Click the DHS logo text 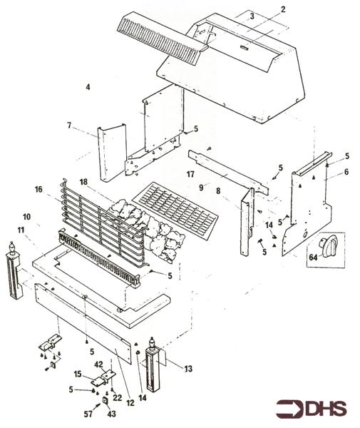tap(325, 409)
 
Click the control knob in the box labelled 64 tap(329, 248)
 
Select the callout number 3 tap(252, 15)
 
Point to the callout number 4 tap(88, 86)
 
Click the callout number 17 tap(190, 173)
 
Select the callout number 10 tap(26, 216)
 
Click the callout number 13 tap(188, 369)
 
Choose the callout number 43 tap(111, 414)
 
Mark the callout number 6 tap(346, 172)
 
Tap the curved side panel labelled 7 tap(112, 153)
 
